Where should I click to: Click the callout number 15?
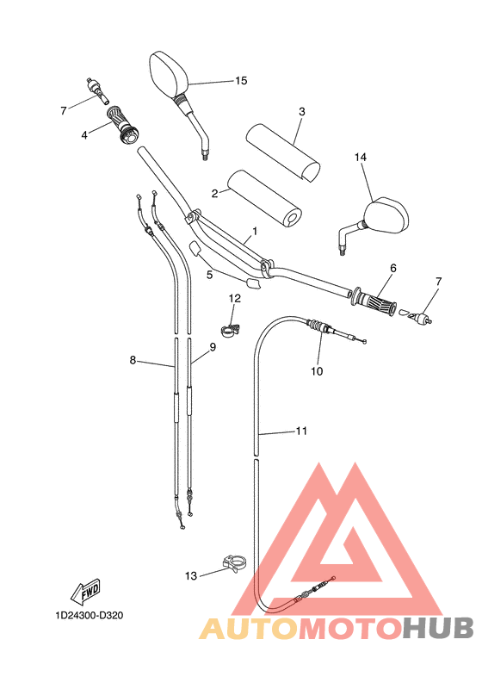(x=241, y=80)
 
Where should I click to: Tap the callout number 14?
(x=361, y=157)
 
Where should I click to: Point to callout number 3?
(x=302, y=111)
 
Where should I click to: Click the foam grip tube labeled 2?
(x=266, y=197)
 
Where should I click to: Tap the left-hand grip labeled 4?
(x=125, y=122)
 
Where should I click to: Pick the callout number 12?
(x=235, y=298)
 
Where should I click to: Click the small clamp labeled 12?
(x=232, y=327)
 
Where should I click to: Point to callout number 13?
(x=191, y=574)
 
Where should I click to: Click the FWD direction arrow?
(x=86, y=593)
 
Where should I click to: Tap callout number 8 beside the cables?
(x=133, y=360)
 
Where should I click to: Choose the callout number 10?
(x=317, y=371)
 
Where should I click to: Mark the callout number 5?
(x=209, y=275)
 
